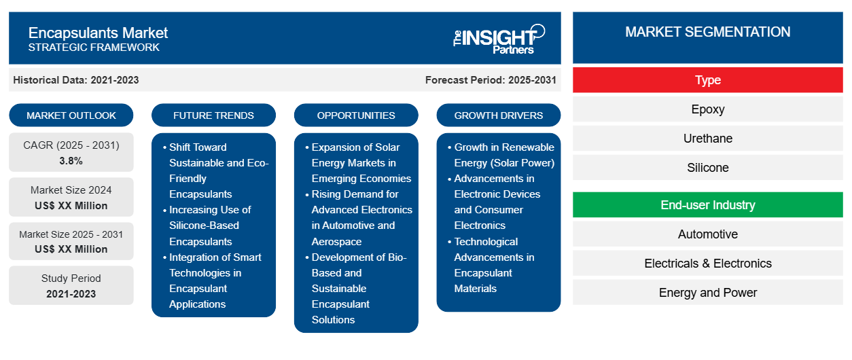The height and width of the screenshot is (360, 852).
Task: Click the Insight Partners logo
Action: (x=499, y=39)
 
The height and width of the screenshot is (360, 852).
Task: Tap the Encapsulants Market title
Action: (x=98, y=33)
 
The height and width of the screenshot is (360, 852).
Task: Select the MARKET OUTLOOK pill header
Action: (x=71, y=115)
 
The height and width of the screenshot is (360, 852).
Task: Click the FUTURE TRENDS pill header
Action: (x=213, y=115)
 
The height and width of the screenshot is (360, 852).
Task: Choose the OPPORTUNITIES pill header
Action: (x=356, y=115)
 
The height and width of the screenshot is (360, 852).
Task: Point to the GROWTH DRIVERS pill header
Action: (x=498, y=115)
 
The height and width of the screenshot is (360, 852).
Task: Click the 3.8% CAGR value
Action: (x=71, y=161)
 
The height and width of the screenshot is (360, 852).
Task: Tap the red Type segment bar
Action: (x=707, y=80)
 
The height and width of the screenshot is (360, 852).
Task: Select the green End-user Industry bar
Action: (x=707, y=205)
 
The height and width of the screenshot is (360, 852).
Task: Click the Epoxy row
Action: (x=707, y=109)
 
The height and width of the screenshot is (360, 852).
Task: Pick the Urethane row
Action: (x=707, y=139)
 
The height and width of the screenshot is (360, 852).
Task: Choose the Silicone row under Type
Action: (x=707, y=167)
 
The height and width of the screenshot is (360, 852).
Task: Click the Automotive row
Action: (x=707, y=234)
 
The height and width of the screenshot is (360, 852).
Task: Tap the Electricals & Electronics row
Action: (x=707, y=263)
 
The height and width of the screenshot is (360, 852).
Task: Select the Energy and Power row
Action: (x=707, y=292)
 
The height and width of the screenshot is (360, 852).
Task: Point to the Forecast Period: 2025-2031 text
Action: (x=491, y=80)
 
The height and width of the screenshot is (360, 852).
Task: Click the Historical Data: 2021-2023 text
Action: (x=76, y=80)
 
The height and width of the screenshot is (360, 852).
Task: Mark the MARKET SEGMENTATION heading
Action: (x=707, y=32)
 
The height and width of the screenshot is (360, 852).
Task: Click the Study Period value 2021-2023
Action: (x=71, y=294)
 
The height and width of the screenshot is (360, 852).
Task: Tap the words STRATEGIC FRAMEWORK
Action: (x=94, y=48)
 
